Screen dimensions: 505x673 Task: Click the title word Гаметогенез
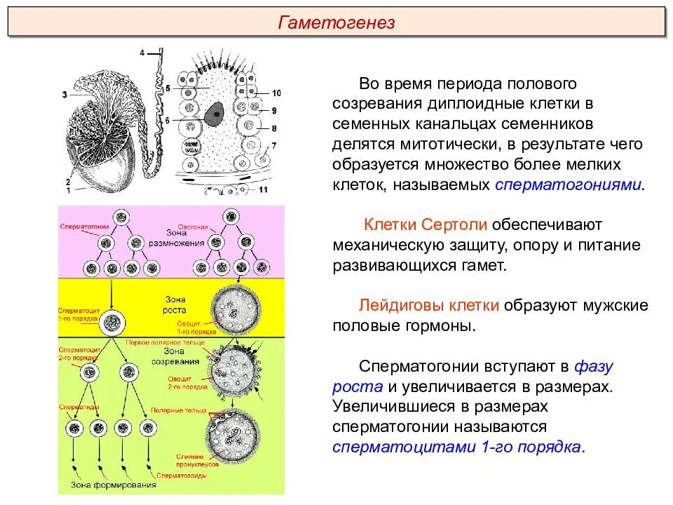coord(336,22)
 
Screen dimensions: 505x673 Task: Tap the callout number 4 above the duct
coord(142,53)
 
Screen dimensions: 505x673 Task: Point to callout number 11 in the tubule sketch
coord(264,190)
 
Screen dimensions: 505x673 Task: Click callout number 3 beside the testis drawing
coord(64,94)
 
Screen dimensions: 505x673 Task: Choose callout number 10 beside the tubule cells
coord(276,93)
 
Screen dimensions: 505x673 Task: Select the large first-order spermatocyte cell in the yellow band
coord(111,323)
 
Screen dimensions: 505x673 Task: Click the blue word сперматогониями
coord(569,185)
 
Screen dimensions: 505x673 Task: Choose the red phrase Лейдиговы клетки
coord(429,306)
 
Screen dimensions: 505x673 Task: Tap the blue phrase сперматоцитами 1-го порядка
coord(457,447)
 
